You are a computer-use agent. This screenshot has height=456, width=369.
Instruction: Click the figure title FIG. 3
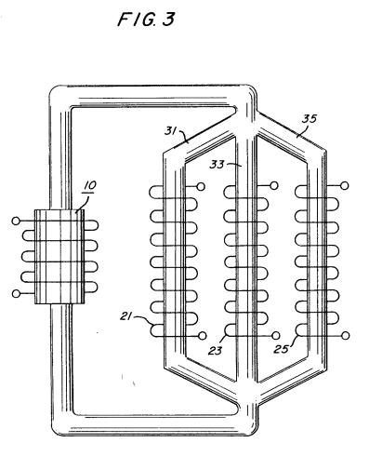pos(146,19)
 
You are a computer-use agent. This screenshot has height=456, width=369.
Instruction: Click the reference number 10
pos(90,185)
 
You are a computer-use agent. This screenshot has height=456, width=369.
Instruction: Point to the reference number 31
pos(170,131)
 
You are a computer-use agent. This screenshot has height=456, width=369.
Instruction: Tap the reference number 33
pos(217,164)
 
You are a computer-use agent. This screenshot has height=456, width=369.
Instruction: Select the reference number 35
pos(310,118)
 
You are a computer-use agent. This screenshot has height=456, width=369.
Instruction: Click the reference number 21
pos(126,316)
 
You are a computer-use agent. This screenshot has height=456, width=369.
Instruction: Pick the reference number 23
pos(215,351)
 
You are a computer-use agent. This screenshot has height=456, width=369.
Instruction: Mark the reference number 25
pos(281,349)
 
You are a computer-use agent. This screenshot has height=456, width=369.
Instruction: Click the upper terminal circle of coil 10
pos(16,221)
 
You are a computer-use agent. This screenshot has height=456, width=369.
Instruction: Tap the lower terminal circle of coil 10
pos(16,293)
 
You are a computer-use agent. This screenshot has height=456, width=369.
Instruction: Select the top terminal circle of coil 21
pos(201,186)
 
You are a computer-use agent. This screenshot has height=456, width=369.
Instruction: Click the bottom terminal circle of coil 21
pos(203,335)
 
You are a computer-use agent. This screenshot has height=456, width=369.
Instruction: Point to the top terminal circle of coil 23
pos(274,185)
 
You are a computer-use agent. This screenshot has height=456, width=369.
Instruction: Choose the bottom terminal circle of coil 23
pos(275,335)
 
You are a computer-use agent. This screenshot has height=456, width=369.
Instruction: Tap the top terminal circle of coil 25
pos(344,185)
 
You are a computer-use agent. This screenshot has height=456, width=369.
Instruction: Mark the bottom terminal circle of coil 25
pos(346,335)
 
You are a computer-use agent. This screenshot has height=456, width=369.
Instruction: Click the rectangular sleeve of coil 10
pos(59,257)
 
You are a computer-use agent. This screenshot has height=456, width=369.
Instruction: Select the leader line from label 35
pos(300,130)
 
